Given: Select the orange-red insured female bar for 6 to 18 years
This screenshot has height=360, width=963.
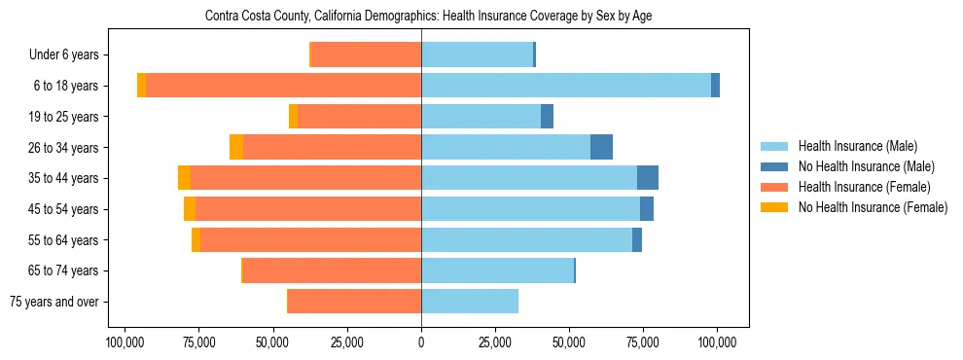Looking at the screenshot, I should (283, 86).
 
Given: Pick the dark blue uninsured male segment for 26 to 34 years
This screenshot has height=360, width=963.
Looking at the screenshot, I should (601, 147).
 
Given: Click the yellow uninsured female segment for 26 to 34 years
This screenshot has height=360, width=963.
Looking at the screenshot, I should (236, 147).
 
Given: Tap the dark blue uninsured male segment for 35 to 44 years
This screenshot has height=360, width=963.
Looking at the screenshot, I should (648, 178).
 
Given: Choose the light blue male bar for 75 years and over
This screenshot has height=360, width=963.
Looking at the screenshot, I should (470, 302).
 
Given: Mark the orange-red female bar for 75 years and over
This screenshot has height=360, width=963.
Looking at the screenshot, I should (354, 302).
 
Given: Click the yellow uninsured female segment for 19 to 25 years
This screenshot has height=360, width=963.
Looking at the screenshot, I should (293, 117).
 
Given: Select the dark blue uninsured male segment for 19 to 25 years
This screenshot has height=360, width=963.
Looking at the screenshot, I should (547, 117).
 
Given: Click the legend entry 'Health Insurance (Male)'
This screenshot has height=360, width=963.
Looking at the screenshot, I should (857, 146).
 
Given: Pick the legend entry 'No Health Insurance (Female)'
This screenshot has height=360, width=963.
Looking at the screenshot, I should (873, 207).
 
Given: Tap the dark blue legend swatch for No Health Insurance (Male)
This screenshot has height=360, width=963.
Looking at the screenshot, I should (774, 166).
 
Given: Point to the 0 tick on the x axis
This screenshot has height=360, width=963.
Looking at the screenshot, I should (421, 342).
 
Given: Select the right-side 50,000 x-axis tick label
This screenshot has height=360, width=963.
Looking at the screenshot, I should (569, 342).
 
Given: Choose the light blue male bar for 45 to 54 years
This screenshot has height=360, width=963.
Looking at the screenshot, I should (530, 209).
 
